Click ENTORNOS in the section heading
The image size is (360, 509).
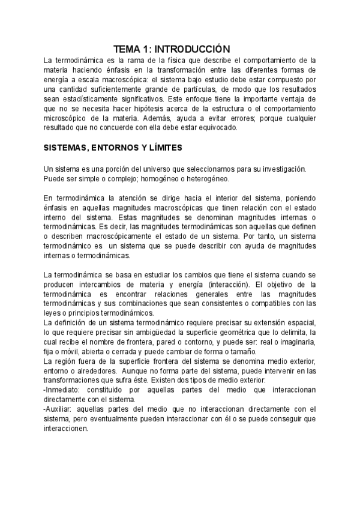click(116, 147)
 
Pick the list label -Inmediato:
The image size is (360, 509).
click(65, 389)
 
